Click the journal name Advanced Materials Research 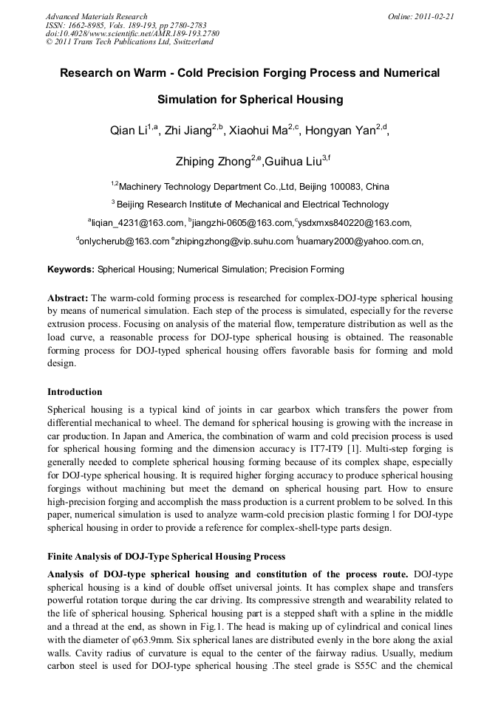pos(96,16)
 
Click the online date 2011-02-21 pos(432,16)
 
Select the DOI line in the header pos(123,34)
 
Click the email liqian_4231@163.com pos(138,222)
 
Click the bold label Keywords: pos(71,269)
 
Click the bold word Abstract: pos(68,298)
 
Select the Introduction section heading pos(75,392)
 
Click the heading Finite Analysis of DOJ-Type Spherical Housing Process pos(166,556)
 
